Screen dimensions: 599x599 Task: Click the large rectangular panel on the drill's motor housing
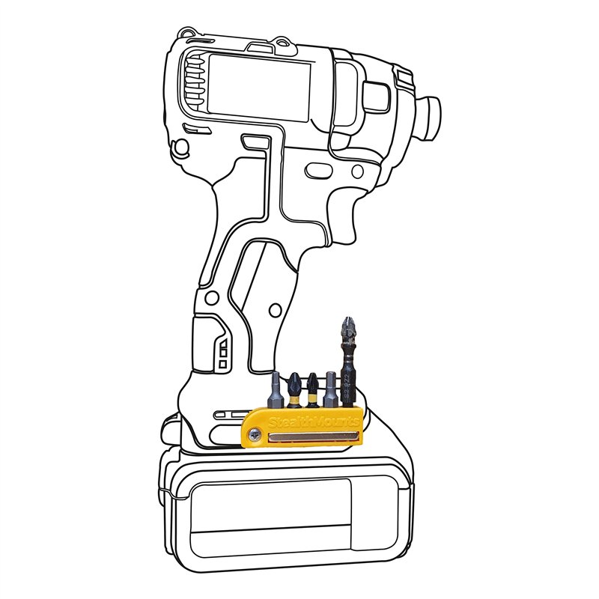(258, 88)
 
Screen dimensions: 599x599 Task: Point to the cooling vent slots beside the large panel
(193, 82)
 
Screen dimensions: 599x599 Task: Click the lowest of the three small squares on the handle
(222, 363)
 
